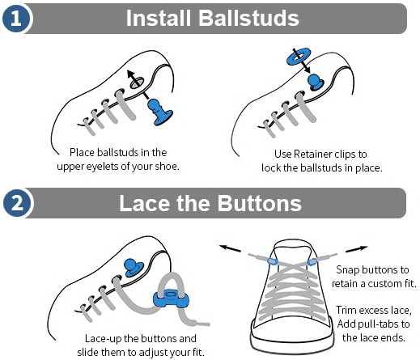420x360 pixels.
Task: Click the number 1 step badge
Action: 16,19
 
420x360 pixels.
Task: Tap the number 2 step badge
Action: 17,203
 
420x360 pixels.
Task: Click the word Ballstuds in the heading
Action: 248,18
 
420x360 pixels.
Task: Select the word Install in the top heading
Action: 159,18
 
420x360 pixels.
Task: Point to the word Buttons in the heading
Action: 259,203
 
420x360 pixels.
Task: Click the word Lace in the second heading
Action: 144,203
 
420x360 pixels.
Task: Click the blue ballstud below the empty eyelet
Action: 160,112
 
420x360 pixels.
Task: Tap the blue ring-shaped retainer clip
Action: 299,56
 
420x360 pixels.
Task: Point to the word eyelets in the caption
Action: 102,166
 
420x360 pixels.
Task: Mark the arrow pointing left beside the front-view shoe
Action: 230,248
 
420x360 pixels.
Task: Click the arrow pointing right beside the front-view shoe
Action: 356,249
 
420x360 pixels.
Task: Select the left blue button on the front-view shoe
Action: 272,261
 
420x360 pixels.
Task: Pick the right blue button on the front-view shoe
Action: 312,261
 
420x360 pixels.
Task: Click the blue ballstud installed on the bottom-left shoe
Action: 132,268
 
